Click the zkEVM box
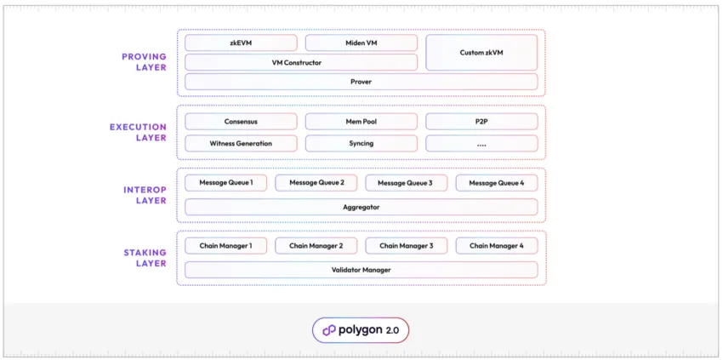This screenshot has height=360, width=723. coord(242,43)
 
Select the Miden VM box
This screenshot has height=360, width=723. coord(361,43)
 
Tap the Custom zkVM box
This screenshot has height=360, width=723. coord(481,53)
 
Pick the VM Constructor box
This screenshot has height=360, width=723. coord(301,62)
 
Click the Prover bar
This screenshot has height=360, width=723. coord(361,82)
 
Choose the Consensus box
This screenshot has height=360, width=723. coord(242,122)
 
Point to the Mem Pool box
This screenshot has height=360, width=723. coord(361,122)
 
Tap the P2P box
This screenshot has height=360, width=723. coord(481,122)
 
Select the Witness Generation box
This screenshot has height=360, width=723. coord(242,144)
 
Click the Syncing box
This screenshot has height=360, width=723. coord(361,144)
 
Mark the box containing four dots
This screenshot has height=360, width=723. coord(481,144)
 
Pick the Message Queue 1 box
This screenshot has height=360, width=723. coord(226,183)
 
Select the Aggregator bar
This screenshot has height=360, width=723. coord(361,207)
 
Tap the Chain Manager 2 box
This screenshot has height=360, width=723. coord(316,246)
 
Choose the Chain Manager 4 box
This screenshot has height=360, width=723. coord(497,246)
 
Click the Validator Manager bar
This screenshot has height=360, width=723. coord(361,270)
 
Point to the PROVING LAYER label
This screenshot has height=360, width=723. coord(144,62)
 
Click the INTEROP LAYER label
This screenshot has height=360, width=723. coord(145,195)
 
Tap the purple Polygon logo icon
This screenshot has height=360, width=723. coord(329,330)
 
